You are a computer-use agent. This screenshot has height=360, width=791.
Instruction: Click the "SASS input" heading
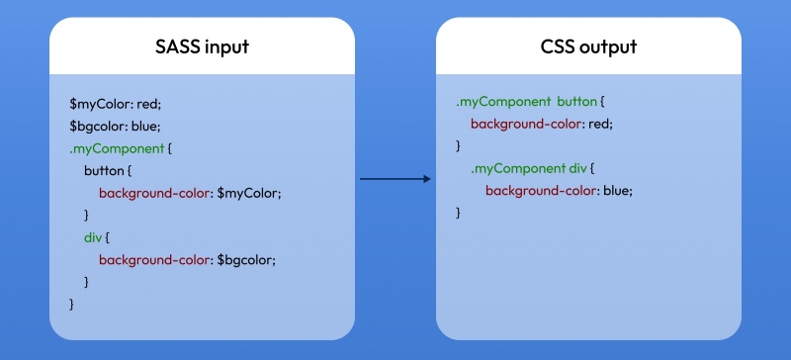click(x=202, y=46)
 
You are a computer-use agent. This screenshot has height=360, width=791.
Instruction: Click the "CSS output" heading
click(x=588, y=46)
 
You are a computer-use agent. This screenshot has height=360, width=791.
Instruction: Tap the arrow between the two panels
click(x=395, y=179)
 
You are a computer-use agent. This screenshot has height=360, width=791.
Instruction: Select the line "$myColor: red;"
click(x=108, y=103)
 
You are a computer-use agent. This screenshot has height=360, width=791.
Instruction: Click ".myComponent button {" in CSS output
click(x=530, y=102)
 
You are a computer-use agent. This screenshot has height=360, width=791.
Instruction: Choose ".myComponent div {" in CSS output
click(x=532, y=169)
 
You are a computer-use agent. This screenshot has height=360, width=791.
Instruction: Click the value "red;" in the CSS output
click(x=599, y=125)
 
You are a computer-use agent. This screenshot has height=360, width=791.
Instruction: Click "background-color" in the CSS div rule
click(x=540, y=192)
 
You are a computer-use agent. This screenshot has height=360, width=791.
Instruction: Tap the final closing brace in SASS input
click(x=72, y=305)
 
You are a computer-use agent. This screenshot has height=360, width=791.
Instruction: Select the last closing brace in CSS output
click(x=459, y=214)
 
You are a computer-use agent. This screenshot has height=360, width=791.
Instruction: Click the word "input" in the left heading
click(x=226, y=46)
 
